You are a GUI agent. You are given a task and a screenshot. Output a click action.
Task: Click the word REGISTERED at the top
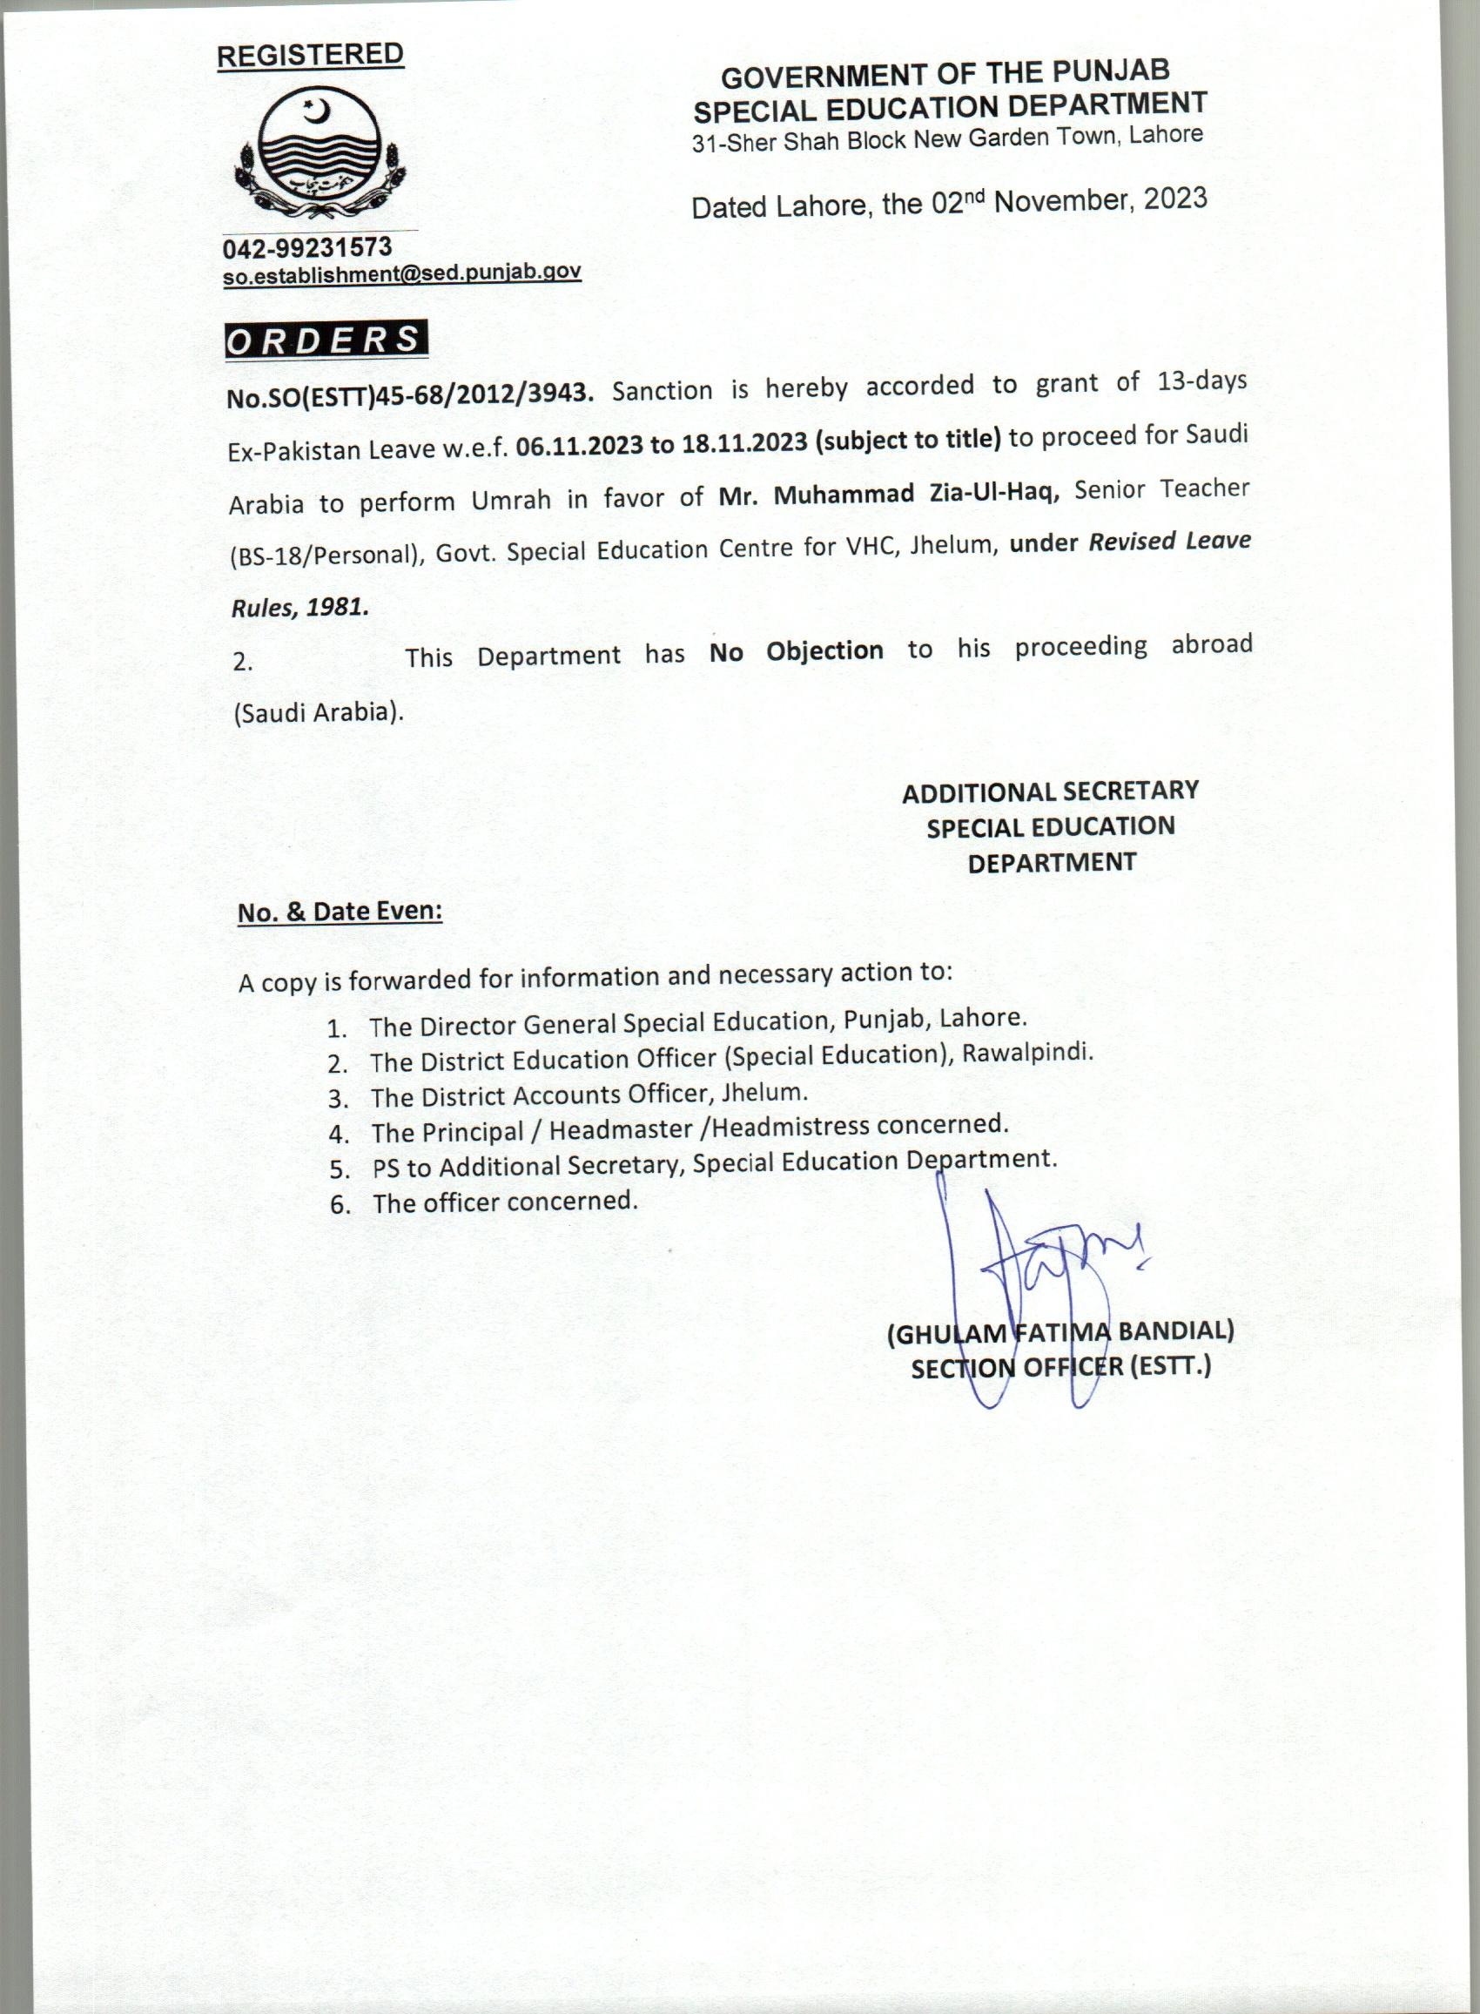coord(310,55)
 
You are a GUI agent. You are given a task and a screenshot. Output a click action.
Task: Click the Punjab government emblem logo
coord(320,158)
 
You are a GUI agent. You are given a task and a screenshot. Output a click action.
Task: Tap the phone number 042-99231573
coord(307,246)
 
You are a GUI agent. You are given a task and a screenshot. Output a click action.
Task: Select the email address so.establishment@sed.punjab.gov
coord(402,273)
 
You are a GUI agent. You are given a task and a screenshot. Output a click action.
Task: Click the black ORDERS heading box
coord(326,340)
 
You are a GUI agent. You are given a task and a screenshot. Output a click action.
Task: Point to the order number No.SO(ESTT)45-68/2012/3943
coord(409,394)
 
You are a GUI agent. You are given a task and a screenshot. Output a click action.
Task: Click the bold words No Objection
coord(796,651)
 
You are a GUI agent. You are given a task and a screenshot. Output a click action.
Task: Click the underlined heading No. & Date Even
coord(340,912)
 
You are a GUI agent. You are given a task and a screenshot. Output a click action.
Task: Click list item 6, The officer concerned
coord(504,1202)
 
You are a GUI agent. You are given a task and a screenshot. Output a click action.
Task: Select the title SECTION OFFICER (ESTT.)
coord(1060,1368)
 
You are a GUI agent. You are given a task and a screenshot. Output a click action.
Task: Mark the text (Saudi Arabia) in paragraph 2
coord(319,713)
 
